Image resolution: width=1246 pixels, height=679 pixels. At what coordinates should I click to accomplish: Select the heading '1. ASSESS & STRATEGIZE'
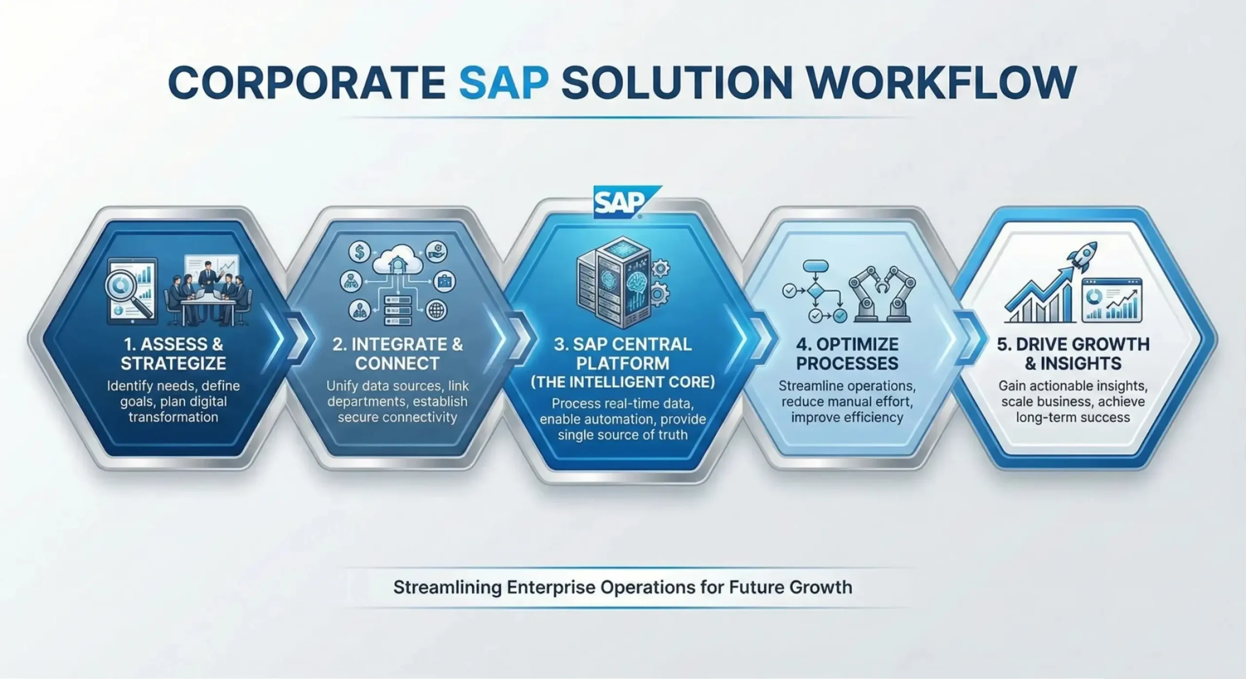pos(173,354)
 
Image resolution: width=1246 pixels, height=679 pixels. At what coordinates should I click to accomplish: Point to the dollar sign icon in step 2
pos(360,252)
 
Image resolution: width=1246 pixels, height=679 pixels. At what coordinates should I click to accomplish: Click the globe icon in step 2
pos(437,310)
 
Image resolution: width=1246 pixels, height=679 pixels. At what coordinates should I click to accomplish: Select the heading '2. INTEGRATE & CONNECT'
pos(398,354)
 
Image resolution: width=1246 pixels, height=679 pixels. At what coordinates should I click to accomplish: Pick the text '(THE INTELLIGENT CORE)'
pos(623,382)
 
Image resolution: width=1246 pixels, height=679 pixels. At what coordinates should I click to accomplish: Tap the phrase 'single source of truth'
pos(623,434)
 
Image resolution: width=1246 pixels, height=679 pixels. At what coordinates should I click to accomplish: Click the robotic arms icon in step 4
pos(881,294)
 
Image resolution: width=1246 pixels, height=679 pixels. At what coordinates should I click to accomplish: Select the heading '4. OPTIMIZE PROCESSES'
pos(847,354)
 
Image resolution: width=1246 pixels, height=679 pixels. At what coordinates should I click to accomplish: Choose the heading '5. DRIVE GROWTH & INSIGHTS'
pos(1073,354)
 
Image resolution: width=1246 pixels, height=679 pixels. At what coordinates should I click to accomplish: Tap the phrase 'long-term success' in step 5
pos(1073,417)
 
